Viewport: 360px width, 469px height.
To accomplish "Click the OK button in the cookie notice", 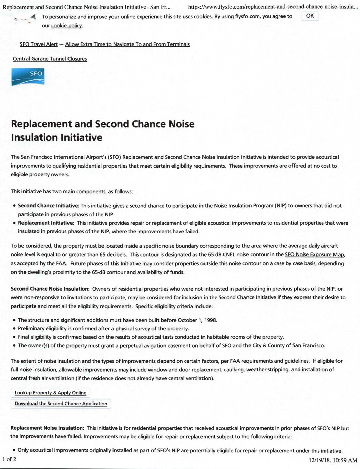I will pyautogui.click(x=310, y=16).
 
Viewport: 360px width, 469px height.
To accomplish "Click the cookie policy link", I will pyautogui.click(x=66, y=26).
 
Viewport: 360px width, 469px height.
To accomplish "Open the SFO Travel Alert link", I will pyautogui.click(x=39, y=44).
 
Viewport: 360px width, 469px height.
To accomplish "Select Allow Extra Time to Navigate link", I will pyautogui.click(x=127, y=44).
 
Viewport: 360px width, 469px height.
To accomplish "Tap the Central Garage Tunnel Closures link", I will pyautogui.click(x=50, y=59).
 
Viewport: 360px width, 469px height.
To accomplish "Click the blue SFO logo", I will pyautogui.click(x=28, y=77).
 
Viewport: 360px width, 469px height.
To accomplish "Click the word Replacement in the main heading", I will pyautogui.click(x=41, y=124).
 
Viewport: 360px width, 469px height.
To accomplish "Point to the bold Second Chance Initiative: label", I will pyautogui.click(x=49, y=206).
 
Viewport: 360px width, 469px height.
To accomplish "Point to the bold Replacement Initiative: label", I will pyautogui.click(x=46, y=223).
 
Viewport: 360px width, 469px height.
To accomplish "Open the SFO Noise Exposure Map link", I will pyautogui.click(x=314, y=255).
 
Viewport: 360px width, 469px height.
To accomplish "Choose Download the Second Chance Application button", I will pyautogui.click(x=61, y=404).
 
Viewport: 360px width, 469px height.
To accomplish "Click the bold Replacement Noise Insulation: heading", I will pyautogui.click(x=47, y=428).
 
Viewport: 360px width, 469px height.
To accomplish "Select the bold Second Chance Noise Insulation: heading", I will pyautogui.click(x=50, y=289).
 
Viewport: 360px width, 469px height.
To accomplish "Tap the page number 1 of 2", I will pyautogui.click(x=9, y=459).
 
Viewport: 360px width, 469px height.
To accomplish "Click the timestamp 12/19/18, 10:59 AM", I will pyautogui.click(x=333, y=460).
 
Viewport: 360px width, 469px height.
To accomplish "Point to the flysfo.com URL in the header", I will pyautogui.click(x=273, y=7).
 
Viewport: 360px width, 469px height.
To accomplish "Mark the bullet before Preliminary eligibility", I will pyautogui.click(x=14, y=329).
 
